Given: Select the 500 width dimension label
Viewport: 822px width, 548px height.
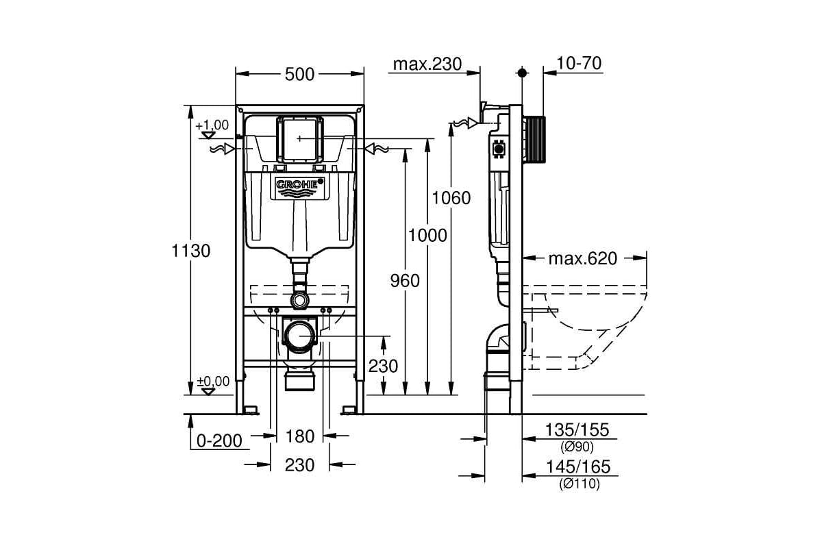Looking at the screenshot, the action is [x=299, y=75].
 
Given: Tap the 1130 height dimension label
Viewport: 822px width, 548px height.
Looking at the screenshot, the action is [x=191, y=251].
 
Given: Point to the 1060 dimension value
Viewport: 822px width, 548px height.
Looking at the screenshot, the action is [x=451, y=198].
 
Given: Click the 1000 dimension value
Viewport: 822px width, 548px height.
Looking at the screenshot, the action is [x=427, y=235].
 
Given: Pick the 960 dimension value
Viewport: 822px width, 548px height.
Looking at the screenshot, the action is [x=405, y=281].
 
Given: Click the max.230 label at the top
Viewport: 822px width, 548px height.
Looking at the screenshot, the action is [x=427, y=64].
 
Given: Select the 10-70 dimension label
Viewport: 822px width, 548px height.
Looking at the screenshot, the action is [x=579, y=63].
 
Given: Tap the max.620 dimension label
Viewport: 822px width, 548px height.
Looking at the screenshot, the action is [x=583, y=259].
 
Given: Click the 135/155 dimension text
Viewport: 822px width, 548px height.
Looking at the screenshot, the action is [x=577, y=429].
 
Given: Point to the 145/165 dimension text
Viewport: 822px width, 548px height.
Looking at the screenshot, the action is [x=578, y=467].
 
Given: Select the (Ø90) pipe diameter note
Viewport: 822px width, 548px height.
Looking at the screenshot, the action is [x=577, y=447].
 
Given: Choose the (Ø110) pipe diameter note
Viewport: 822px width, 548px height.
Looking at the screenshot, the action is [x=580, y=484].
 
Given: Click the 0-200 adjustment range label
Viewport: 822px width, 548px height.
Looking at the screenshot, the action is [x=219, y=441].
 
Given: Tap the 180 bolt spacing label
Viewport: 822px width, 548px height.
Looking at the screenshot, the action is [x=300, y=436].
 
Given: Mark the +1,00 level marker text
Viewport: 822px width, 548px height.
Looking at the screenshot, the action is [x=212, y=125].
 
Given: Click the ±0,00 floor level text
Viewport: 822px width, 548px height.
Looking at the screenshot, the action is [x=213, y=382].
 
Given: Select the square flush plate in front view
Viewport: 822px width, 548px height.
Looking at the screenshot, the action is [x=300, y=140].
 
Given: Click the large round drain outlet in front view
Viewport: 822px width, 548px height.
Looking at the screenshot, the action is [x=299, y=336].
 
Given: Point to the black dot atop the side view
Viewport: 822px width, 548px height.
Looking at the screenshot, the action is [x=522, y=73].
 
